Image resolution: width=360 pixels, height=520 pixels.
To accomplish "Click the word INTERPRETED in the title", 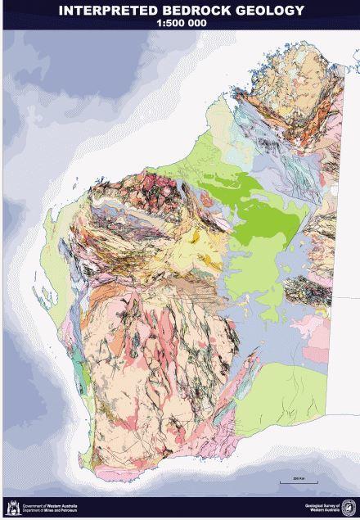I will tap(106, 11).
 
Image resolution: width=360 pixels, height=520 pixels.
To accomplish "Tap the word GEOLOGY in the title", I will tap(268, 11).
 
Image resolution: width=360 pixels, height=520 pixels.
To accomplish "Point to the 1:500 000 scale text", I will tap(180, 24).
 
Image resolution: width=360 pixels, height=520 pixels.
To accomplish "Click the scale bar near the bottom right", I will tap(293, 482).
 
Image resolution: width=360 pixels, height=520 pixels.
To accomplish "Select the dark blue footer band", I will tap(180, 509).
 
